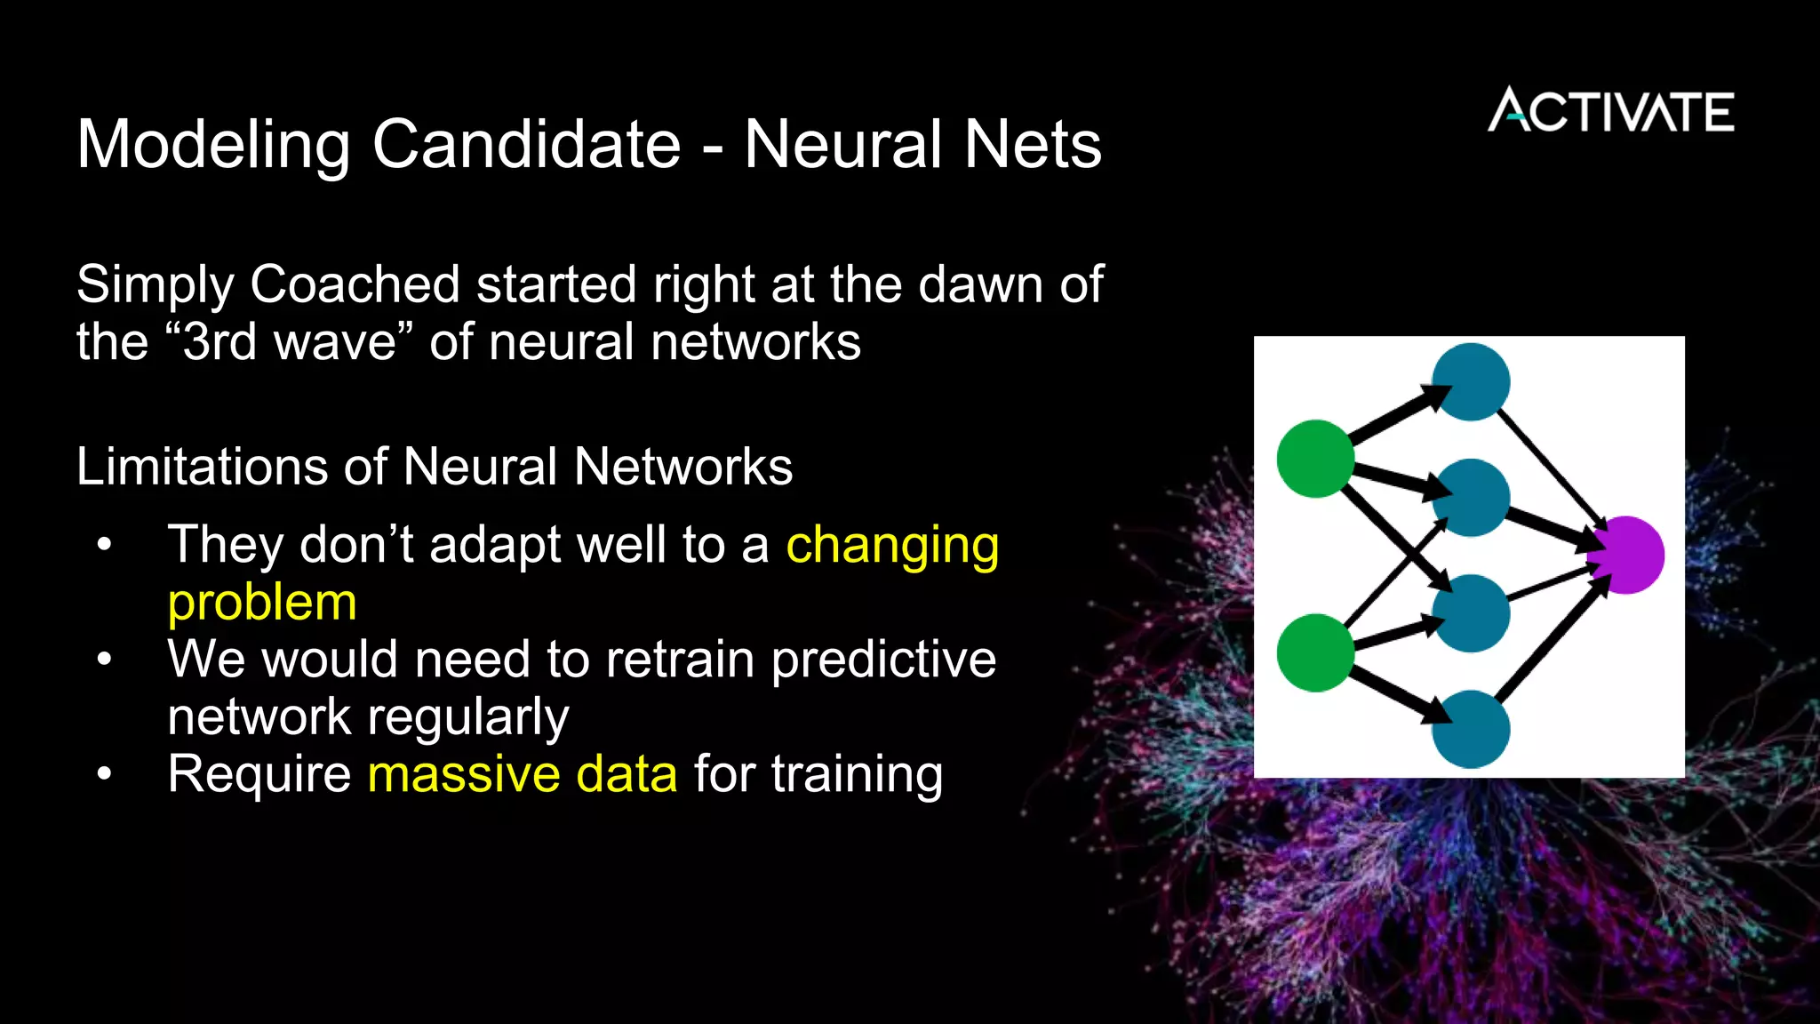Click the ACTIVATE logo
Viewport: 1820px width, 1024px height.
point(1610,111)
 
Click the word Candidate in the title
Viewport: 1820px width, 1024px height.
point(526,144)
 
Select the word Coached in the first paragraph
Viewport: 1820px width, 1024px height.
point(355,284)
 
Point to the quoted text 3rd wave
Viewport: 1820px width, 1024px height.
point(290,342)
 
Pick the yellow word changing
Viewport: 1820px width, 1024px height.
point(892,547)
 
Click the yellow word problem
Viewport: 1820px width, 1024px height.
point(262,604)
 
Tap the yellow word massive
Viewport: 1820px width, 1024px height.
point(463,774)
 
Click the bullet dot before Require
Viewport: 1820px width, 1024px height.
point(105,774)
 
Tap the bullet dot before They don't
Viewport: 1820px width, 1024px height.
point(105,545)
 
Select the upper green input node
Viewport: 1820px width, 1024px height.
point(1315,459)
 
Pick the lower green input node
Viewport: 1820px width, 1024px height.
point(1315,653)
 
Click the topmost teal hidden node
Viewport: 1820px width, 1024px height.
point(1472,382)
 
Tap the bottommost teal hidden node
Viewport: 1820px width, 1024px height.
point(1472,729)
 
